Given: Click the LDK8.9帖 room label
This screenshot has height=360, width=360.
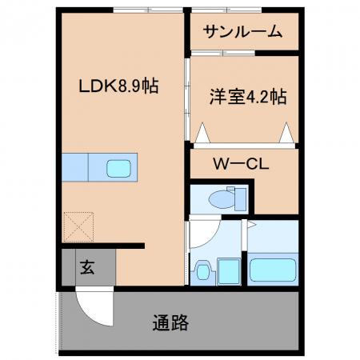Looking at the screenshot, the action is pos(118,86).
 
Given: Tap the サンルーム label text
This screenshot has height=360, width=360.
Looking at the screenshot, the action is pos(242,32).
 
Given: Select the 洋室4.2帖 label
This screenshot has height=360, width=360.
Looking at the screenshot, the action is pos(248,97).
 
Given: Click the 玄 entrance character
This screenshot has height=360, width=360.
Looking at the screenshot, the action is pos(87,267).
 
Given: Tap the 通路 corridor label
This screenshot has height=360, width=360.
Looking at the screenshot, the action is pos(170,322).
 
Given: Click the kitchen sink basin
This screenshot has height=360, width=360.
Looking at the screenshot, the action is pos(118,168).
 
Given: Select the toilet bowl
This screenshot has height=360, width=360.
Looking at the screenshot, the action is pos(222,199).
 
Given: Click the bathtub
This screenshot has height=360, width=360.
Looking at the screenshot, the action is pos(273,270).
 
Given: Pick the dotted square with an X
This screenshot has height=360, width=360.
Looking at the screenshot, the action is pos(78,227).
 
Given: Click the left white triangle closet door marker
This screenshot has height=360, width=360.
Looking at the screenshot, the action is pos(202,133).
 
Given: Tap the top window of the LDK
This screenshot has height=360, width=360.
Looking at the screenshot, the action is pos(148,10).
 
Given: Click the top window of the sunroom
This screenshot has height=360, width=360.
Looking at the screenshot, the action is pos(226,10).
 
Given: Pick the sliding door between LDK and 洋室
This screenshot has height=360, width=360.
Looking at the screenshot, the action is pos(187,99).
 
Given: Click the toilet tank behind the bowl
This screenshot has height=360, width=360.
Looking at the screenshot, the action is pos(240,199).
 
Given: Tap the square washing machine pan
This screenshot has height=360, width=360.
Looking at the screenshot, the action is pos(229,271).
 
